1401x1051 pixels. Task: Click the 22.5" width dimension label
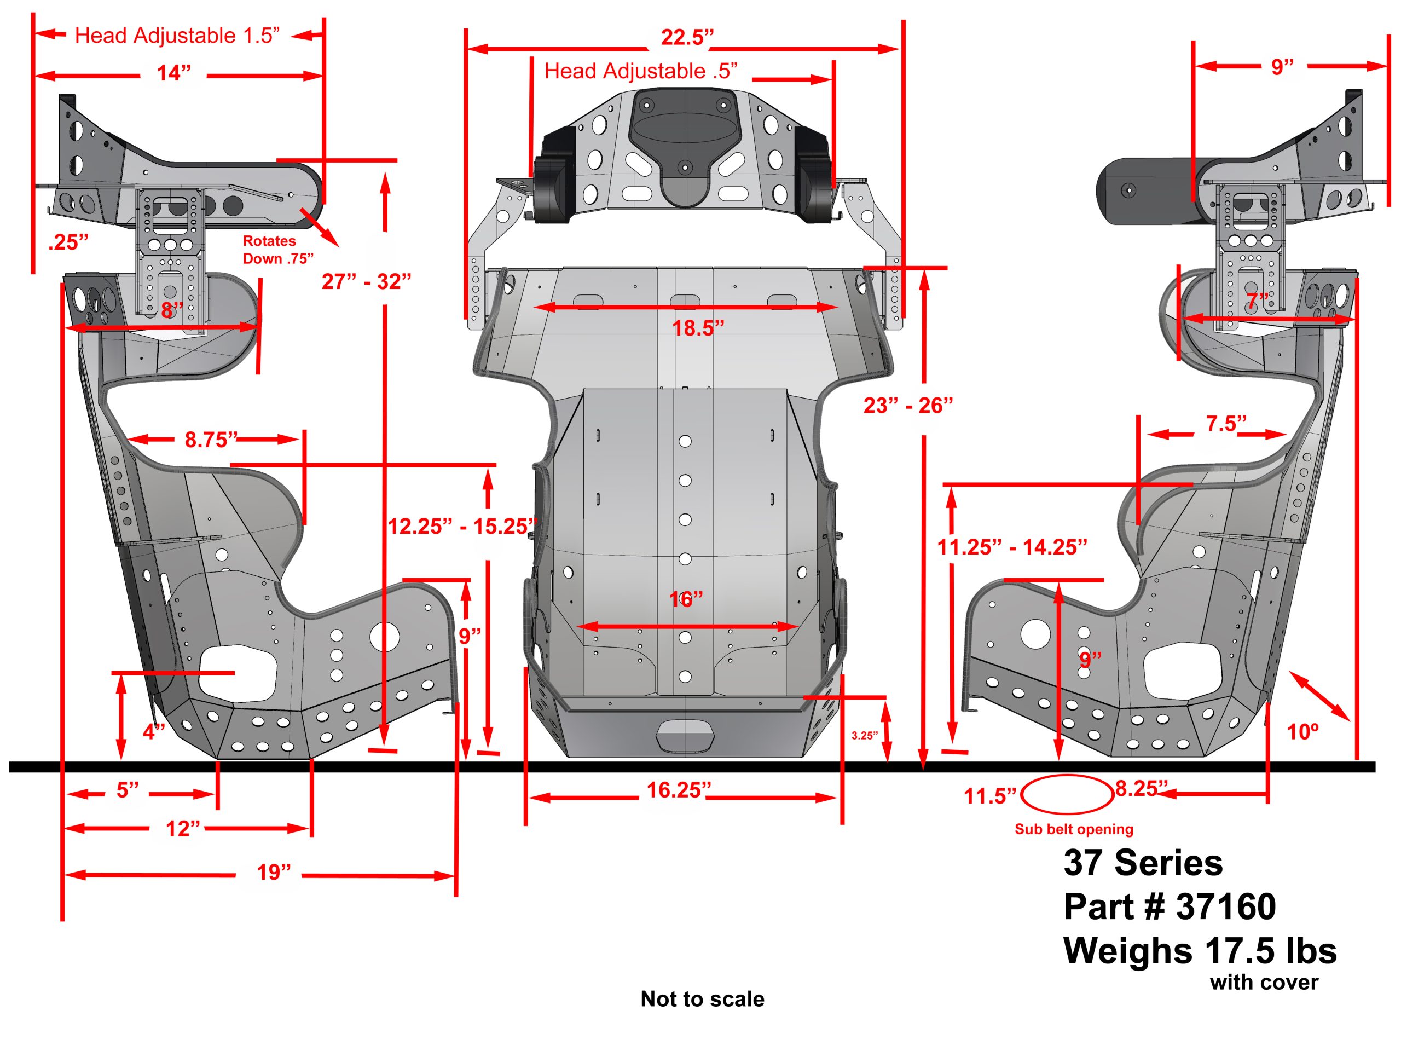click(687, 37)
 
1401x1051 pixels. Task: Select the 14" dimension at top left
click(173, 73)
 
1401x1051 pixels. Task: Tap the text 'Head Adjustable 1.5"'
click(177, 36)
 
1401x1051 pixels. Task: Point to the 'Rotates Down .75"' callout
click(277, 250)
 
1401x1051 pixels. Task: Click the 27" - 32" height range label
click(366, 281)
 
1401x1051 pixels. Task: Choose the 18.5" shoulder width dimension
click(697, 328)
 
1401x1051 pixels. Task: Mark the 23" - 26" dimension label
click(907, 406)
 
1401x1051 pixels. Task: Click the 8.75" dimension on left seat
click(210, 439)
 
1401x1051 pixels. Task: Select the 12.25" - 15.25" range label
click(462, 527)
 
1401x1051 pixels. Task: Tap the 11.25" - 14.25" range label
click(1011, 547)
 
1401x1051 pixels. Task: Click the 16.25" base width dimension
click(678, 790)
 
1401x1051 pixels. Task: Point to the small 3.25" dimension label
click(864, 736)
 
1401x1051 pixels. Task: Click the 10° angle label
click(1303, 732)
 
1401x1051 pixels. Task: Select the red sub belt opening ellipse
click(1067, 794)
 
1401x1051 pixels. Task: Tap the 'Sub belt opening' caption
click(1074, 829)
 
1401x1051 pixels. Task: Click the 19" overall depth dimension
click(274, 873)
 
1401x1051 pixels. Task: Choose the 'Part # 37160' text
click(1169, 906)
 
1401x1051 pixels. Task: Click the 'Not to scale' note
click(702, 999)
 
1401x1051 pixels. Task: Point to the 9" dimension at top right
click(1282, 67)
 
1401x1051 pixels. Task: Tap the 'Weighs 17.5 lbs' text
click(1200, 951)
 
